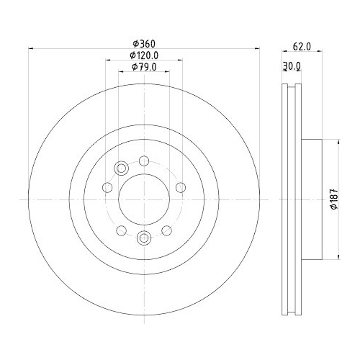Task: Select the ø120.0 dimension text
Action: pos(143,55)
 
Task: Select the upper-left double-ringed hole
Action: pos(121,169)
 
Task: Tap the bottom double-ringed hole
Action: pos(143,237)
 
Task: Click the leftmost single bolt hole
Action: pos(107,188)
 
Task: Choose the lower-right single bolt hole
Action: pos(166,230)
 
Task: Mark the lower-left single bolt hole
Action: pos(120,230)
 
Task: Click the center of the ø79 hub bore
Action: pos(143,199)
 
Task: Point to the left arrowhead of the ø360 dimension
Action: pos(30,50)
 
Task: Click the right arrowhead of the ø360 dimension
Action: pos(256,50)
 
